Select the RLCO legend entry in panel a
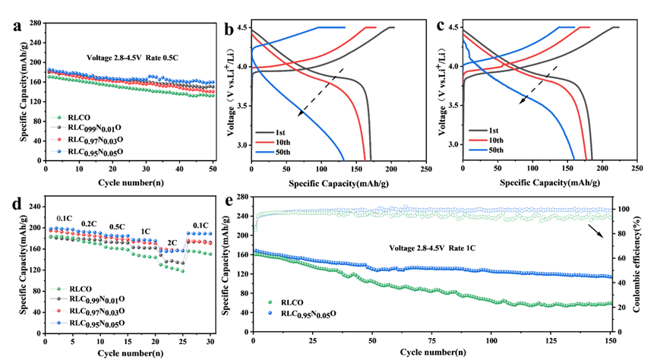[78, 118]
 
